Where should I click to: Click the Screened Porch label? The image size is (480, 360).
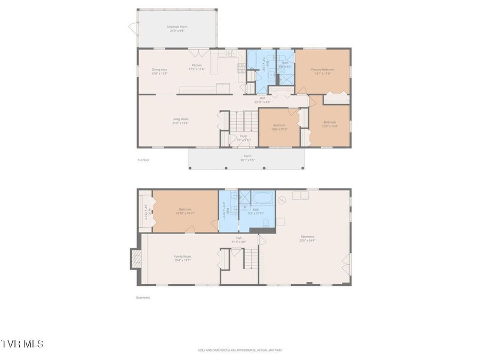coord(177,29)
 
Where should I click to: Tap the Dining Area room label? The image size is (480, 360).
coord(160,71)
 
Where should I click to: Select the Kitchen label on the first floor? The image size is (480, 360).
coord(197,67)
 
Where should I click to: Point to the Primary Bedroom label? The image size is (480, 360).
coord(323,71)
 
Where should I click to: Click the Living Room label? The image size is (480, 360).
coord(180,121)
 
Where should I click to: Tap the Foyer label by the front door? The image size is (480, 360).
coord(243,138)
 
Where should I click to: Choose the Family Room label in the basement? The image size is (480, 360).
coord(182,258)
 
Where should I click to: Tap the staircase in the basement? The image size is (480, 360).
coord(251,260)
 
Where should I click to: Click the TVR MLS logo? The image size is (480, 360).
coord(22,344)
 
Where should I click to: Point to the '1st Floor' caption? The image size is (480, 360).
coord(143,160)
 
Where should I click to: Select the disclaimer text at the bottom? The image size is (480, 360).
coord(239,350)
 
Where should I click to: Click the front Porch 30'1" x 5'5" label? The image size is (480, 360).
coord(246,158)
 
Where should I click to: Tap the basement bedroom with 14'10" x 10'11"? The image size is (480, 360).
coord(185,211)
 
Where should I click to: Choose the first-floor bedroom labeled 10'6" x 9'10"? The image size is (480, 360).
coord(278,127)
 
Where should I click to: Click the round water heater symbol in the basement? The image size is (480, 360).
coord(283,201)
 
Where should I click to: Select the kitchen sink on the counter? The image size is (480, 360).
coord(233,54)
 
